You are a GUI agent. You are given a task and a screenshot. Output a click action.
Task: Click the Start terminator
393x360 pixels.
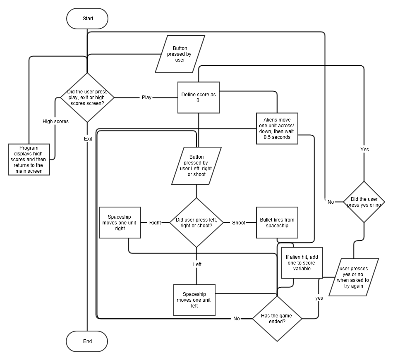coord(87,19)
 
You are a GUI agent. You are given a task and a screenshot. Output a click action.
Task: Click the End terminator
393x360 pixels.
coord(87,341)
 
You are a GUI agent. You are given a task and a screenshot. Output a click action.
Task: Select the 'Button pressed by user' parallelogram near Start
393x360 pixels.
coord(180,54)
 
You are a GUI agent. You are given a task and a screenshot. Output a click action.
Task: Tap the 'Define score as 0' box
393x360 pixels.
coord(198,98)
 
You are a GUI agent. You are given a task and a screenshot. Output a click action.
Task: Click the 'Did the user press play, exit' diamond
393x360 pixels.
coord(87,98)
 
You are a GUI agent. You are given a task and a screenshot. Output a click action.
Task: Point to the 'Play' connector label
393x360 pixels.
coord(146,98)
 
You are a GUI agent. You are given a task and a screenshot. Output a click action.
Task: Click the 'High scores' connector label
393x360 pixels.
coord(55,122)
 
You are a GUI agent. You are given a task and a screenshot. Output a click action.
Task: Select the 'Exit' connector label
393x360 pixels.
coord(88,139)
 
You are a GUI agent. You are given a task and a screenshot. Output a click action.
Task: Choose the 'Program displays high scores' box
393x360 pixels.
coord(29,160)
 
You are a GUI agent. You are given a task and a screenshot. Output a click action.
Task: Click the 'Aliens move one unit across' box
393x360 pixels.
coord(277,129)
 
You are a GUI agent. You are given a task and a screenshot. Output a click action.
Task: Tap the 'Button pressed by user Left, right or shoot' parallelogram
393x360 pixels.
coord(196,166)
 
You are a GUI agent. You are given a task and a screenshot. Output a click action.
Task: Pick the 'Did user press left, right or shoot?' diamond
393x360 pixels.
coord(196,222)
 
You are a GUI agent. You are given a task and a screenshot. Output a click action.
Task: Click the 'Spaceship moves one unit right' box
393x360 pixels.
coord(120,222)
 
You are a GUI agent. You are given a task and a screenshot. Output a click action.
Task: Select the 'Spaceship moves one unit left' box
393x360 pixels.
coord(194,300)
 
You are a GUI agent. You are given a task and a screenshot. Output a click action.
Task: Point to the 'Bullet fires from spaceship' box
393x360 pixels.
coord(277,222)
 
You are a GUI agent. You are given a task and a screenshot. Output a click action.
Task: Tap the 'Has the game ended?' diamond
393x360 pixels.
coord(277,318)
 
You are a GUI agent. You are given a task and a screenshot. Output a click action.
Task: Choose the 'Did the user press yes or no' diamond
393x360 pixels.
coord(364,202)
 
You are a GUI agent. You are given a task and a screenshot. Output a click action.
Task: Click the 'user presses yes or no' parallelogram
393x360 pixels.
coord(354,277)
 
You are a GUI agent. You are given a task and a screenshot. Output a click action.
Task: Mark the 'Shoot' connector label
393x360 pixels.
coord(239,222)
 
